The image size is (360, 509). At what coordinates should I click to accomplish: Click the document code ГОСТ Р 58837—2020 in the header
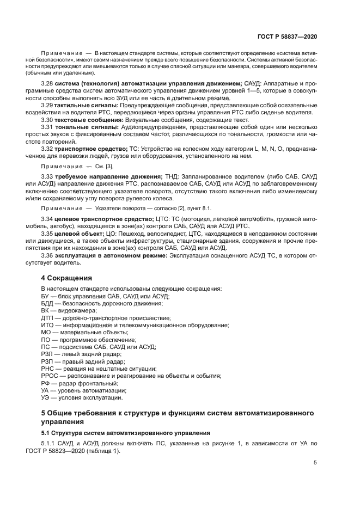[287, 36]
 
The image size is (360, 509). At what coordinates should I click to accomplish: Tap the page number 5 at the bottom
[315, 463]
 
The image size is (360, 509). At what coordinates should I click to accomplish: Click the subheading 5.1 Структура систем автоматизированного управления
[126, 433]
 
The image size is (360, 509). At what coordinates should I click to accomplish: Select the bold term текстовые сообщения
[89, 119]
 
